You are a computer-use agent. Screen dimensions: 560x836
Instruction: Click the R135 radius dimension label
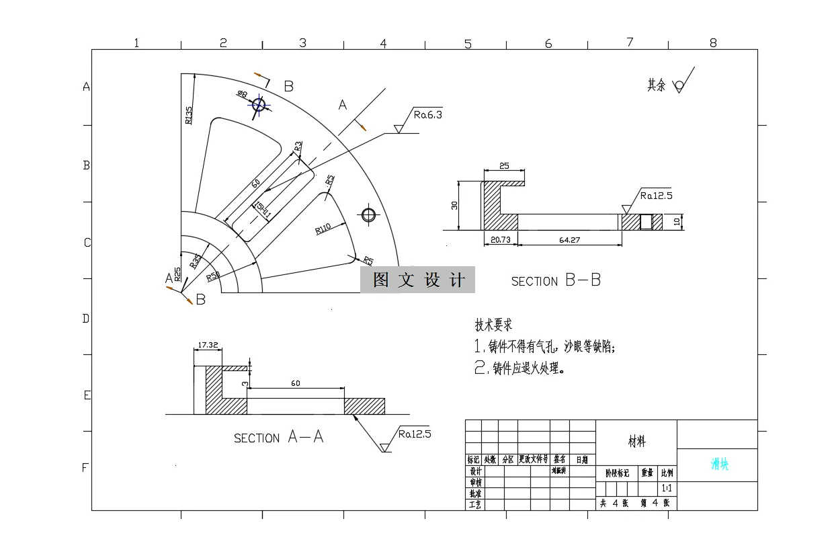[189, 115]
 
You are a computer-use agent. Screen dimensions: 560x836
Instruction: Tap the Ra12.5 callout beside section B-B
[656, 196]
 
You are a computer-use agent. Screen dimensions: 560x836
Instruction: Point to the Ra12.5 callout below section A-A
[414, 434]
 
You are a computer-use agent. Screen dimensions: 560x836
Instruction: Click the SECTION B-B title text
[556, 281]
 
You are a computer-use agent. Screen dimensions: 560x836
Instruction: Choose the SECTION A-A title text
[278, 438]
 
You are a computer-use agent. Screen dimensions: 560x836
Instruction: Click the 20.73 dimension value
[501, 239]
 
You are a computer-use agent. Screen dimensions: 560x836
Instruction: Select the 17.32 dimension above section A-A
[208, 345]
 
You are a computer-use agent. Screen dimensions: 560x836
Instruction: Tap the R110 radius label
[323, 229]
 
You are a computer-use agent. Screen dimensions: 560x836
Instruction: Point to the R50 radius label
[213, 276]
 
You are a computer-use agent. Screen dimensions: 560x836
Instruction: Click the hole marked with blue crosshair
[259, 104]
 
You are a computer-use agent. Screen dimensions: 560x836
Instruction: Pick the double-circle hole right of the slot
[368, 214]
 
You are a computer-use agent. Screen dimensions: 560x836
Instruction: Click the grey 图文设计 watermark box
[417, 280]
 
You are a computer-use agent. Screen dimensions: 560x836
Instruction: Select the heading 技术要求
[494, 325]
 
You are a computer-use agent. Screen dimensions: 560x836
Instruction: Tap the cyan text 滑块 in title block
[720, 465]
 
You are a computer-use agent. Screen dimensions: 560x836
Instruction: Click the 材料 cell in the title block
[636, 442]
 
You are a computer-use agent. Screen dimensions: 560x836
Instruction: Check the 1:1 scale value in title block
[668, 487]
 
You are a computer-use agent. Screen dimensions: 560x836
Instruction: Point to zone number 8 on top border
[713, 43]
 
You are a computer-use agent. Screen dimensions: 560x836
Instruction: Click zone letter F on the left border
[85, 468]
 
